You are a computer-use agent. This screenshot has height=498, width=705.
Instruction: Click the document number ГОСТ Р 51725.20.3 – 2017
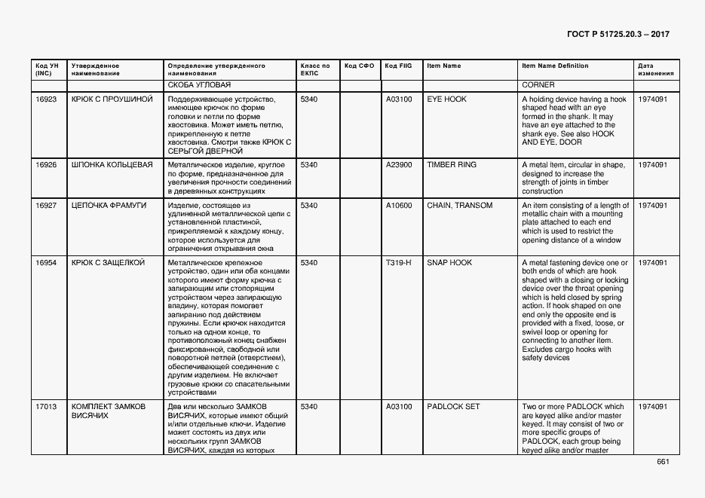618,34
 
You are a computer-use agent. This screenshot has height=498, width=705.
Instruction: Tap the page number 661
663,462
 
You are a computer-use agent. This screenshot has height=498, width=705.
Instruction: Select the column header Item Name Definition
555,66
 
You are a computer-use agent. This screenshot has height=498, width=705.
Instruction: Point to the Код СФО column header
359,66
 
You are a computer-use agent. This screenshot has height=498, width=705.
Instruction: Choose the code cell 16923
46,99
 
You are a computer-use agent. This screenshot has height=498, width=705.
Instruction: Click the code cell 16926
46,164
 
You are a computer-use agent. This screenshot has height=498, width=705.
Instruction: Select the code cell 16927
46,206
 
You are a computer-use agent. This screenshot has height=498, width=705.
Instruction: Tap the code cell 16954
46,262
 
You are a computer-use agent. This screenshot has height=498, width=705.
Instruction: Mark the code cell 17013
46,407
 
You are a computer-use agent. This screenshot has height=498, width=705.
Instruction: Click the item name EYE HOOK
446,99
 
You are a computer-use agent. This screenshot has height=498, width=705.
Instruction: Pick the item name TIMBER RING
452,164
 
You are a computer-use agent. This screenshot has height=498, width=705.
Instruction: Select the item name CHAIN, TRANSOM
459,206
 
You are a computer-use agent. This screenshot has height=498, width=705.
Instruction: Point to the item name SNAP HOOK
449,262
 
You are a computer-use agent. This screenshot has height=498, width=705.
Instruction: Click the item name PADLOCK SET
453,407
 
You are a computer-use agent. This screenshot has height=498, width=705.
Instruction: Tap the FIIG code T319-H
398,262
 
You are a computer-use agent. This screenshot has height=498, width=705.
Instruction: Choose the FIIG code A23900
399,164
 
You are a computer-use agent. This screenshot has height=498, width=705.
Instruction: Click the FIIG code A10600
399,206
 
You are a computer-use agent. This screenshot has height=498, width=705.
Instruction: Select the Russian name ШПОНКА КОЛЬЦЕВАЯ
112,164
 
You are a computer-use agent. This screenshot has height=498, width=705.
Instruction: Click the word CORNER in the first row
538,84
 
